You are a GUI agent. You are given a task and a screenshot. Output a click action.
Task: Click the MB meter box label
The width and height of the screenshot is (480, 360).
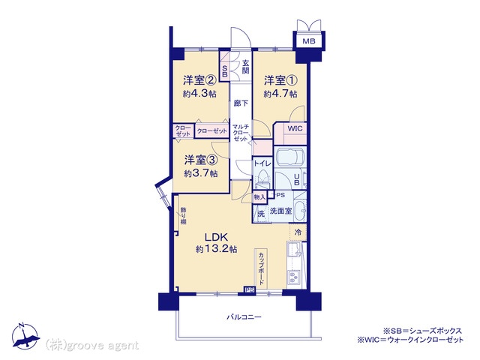tap(309, 41)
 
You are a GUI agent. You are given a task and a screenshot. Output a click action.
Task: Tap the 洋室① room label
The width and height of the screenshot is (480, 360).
tap(280, 81)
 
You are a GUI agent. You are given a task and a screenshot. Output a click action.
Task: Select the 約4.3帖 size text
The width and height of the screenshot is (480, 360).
tap(199, 93)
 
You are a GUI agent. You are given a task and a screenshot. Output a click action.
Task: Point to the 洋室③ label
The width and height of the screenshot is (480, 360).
tap(201, 160)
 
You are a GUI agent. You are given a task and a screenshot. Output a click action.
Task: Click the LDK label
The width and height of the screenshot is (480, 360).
tap(216, 237)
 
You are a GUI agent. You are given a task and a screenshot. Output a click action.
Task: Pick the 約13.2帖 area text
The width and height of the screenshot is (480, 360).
tap(217, 249)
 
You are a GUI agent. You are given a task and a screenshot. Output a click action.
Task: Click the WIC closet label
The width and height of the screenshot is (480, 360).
tap(295, 128)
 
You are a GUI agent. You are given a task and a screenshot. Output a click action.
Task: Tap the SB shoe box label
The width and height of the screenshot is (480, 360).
tap(225, 71)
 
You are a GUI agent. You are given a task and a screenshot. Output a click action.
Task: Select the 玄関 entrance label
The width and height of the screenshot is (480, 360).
tap(245, 67)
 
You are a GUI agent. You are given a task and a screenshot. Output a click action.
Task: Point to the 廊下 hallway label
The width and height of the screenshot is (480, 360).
tap(241, 103)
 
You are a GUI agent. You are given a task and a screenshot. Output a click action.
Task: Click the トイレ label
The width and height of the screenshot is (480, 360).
tap(262, 163)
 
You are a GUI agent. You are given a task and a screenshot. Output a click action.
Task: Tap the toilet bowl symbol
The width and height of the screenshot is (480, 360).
tap(262, 178)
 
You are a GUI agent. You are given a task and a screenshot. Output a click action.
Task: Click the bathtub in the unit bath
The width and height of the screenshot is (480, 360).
tap(290, 158)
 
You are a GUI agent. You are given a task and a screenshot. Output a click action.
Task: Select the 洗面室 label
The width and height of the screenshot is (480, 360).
tap(280, 211)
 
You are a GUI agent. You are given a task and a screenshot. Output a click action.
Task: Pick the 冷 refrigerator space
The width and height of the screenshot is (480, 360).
tap(298, 232)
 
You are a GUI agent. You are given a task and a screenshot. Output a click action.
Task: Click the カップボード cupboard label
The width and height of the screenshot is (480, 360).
tap(261, 268)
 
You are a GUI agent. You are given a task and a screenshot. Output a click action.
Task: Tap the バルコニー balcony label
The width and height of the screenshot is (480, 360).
tap(244, 317)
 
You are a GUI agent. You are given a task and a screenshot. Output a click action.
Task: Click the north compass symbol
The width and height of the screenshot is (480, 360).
tap(25, 336)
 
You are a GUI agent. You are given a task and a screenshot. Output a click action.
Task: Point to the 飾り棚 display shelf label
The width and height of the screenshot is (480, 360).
tap(183, 216)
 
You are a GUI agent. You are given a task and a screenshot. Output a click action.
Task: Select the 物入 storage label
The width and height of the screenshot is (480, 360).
tap(259, 197)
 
